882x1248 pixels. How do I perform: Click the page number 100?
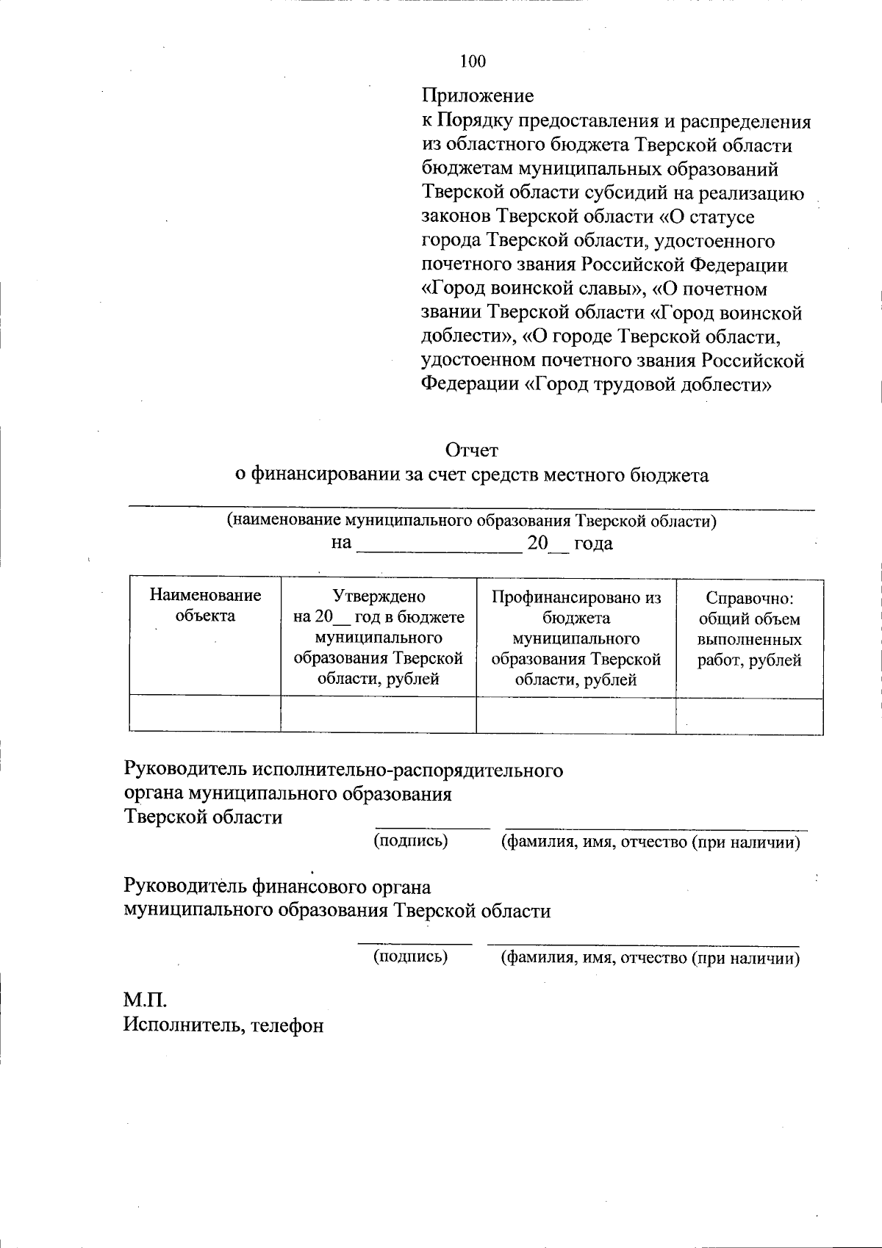(x=473, y=62)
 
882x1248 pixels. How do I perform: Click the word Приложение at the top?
(x=478, y=96)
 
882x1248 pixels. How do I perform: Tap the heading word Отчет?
(x=471, y=450)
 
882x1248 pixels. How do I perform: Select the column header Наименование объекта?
(x=205, y=605)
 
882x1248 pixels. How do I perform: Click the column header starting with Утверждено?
(x=379, y=637)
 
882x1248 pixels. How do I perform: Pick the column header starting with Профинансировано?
(x=576, y=637)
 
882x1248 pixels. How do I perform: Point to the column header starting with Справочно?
(x=749, y=629)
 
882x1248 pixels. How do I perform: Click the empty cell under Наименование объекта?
(x=205, y=715)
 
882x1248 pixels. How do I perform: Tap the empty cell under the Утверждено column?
(x=379, y=715)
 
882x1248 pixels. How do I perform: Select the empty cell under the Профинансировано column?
(x=576, y=715)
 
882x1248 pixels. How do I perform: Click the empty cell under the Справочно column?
(x=749, y=715)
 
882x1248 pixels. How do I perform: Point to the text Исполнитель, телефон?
(x=223, y=1025)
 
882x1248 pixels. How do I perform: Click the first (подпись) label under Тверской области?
(x=411, y=840)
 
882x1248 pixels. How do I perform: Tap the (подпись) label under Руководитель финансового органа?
(x=411, y=956)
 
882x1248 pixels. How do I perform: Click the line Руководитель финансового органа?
(x=277, y=887)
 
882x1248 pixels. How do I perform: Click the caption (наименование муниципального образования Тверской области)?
(x=471, y=522)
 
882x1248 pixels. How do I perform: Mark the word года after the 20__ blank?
(x=592, y=544)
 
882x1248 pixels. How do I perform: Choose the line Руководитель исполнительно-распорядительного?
(x=343, y=771)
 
